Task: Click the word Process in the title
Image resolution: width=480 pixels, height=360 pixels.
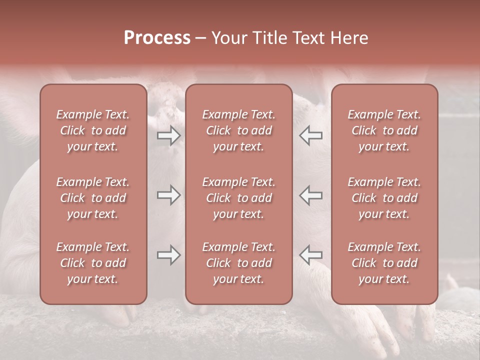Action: [x=157, y=38]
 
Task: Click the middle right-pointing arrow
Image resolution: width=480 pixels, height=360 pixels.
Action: [x=169, y=195]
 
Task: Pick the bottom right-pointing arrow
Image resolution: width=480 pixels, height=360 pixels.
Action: [x=169, y=255]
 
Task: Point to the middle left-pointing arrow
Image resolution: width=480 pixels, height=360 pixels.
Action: [x=310, y=195]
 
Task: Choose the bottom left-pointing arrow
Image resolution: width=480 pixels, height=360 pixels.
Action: [x=310, y=255]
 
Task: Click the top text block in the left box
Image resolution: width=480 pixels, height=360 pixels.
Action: [x=93, y=130]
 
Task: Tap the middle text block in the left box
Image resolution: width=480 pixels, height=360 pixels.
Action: [x=93, y=198]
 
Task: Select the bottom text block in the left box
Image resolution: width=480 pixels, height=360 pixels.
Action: [x=93, y=263]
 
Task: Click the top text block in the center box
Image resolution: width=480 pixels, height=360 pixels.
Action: [x=238, y=130]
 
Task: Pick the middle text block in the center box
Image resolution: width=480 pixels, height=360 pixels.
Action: [x=238, y=198]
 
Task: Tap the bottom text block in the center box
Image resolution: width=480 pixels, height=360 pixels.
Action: [x=238, y=263]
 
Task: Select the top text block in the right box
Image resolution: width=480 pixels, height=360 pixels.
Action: [x=384, y=130]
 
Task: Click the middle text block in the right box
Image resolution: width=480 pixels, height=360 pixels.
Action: [x=384, y=198]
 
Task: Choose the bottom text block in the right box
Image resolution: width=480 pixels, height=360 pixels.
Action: [x=384, y=263]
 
